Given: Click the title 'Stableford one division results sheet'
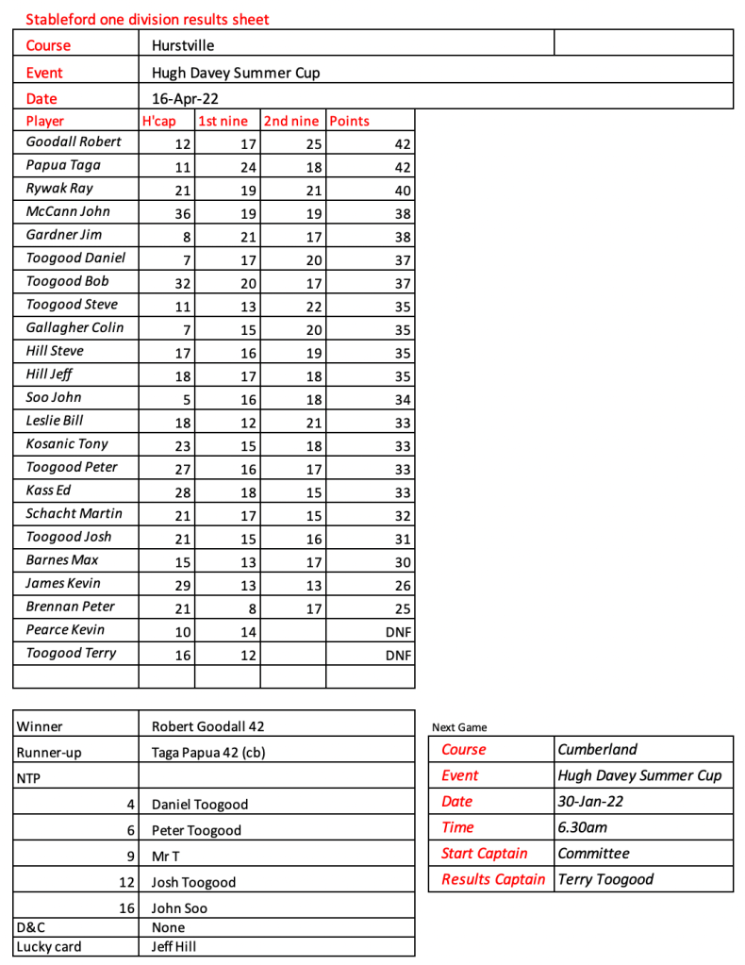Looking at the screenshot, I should pos(147,19).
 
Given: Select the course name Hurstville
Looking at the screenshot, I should pos(183,44).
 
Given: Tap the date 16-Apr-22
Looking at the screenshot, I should pos(183,98).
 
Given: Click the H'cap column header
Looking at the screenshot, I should pos(158,121).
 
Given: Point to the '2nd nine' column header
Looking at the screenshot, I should pos(290,121).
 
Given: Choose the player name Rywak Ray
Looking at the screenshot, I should pos(60,188).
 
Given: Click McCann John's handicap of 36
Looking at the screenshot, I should pos(183,214).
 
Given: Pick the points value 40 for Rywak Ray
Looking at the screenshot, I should pos(403,191).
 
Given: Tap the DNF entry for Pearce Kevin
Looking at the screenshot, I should pos(400,632).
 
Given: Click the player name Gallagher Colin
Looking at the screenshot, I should pos(74,327).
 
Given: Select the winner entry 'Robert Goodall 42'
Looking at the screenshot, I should pos(209,726).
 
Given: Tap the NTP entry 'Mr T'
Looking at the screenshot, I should pos(166,857).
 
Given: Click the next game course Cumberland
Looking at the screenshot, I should pos(597,749).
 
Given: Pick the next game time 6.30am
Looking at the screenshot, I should pos(582,827).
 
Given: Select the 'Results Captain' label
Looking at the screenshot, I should pos(493,879).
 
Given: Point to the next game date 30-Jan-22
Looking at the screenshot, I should pos(590,801).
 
